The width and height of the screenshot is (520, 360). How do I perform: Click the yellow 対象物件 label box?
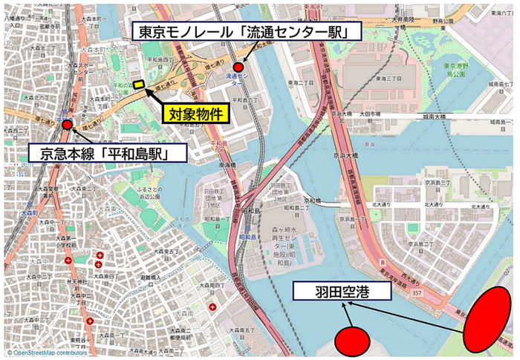[195, 115]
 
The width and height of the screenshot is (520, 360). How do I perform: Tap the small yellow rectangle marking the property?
[138, 85]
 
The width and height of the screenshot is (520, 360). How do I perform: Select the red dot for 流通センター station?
[238, 68]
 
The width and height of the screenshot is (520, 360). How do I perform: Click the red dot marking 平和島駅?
[68, 125]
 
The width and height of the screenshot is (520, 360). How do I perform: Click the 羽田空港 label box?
[341, 291]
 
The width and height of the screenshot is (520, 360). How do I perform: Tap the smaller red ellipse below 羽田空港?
[352, 340]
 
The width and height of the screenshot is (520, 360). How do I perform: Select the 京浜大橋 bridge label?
[346, 154]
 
